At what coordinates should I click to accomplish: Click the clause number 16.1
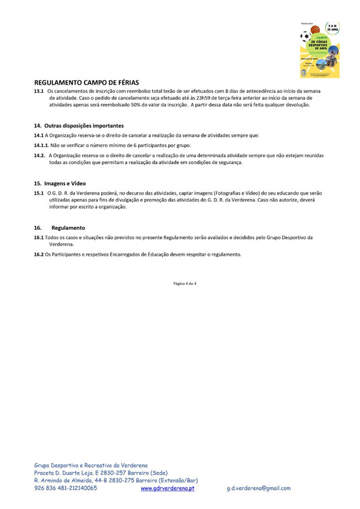coord(39,237)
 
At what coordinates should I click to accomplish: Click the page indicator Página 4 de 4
coord(184,283)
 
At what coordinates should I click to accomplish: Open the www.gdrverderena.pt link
coord(167,488)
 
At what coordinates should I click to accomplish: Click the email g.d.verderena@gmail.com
coord(258,488)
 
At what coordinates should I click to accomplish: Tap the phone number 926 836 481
coord(52,488)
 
